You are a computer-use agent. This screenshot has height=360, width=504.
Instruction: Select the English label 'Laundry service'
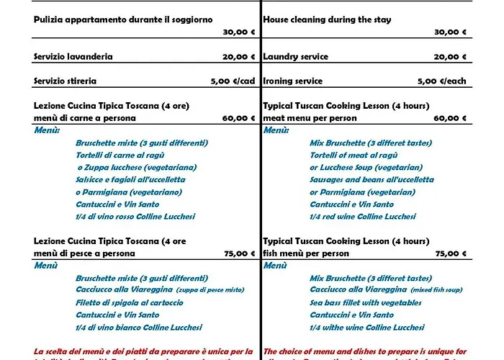pyautogui.click(x=296, y=56)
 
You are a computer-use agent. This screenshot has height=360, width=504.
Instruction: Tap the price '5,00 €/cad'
pyautogui.click(x=233, y=81)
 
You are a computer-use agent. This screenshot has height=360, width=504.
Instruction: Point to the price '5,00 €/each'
pyautogui.click(x=442, y=81)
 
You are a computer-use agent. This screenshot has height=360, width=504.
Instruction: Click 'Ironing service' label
pyautogui.click(x=293, y=81)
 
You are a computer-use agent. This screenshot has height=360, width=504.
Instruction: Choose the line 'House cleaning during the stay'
pyautogui.click(x=328, y=19)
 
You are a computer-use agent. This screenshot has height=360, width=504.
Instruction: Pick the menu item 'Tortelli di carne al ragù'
pyautogui.click(x=120, y=155)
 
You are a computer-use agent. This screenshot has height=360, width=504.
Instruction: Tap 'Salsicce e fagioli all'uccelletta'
pyautogui.click(x=130, y=179)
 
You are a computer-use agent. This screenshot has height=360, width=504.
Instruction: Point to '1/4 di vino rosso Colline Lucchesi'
pyautogui.click(x=135, y=216)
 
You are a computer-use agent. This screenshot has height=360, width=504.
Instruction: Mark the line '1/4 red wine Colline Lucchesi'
pyautogui.click(x=363, y=216)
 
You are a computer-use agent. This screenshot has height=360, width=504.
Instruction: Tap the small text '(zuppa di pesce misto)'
pyautogui.click(x=212, y=290)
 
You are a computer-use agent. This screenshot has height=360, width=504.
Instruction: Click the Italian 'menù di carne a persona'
pyautogui.click(x=85, y=118)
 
